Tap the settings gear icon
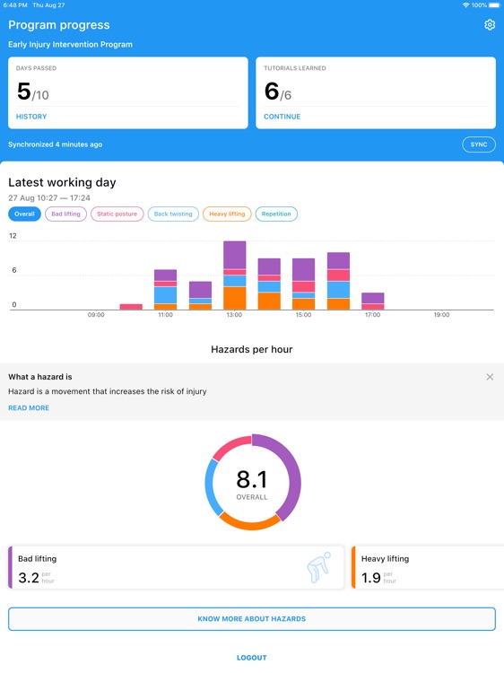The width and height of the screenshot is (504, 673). coord(490,25)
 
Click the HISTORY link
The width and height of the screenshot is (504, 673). coord(31,117)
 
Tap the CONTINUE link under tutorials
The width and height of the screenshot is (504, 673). coord(282,117)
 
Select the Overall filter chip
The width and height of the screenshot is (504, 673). coord(24,214)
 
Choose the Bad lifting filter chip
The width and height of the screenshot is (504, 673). coord(65,214)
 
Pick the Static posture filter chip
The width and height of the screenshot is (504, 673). coord(117,214)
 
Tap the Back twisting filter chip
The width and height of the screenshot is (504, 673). coord(173,214)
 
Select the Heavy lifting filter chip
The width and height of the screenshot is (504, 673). coord(227,214)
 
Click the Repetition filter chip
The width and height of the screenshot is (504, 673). coord(276,214)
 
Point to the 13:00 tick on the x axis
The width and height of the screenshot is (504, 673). coord(234,315)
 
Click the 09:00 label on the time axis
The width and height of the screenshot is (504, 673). coord(96,315)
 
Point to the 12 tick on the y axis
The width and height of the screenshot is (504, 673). coord(13,236)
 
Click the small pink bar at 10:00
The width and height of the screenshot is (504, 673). coord(131,307)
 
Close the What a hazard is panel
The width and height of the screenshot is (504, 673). coord(490,377)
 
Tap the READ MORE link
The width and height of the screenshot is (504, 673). coord(29,408)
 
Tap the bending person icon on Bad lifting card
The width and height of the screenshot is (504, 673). coord(317,567)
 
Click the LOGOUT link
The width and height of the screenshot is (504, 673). coord(252,658)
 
